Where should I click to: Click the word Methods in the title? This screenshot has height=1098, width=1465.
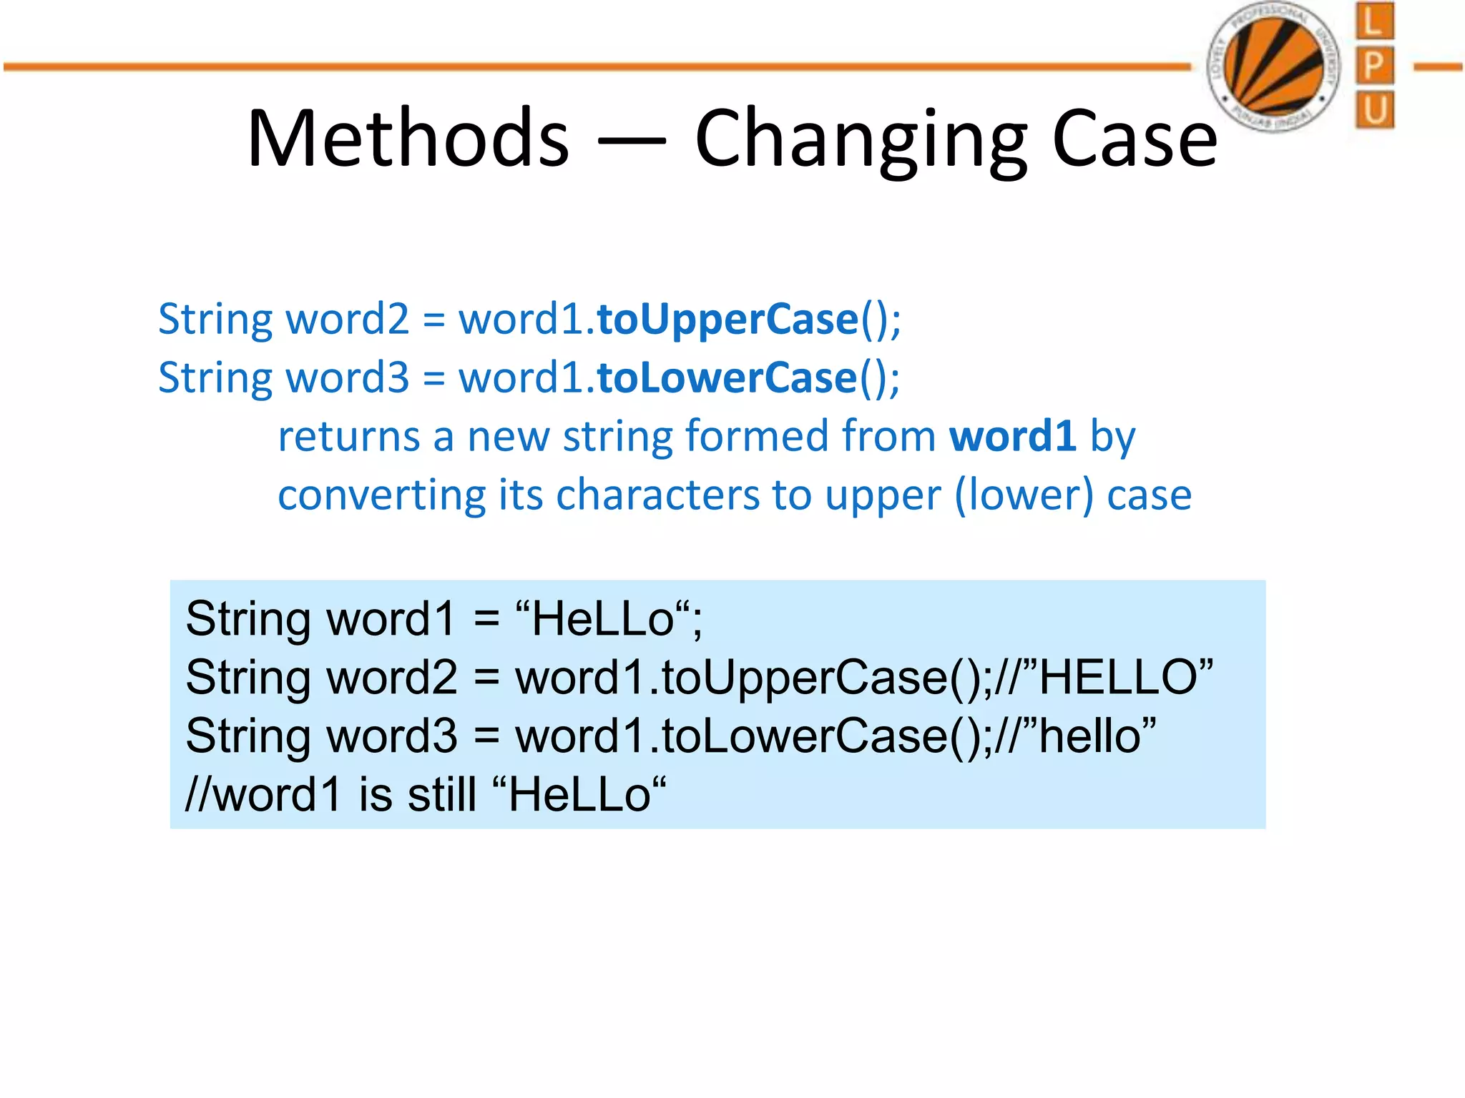tap(408, 138)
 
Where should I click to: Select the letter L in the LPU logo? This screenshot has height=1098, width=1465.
tap(1373, 21)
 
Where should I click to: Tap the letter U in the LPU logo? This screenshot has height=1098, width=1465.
tap(1373, 110)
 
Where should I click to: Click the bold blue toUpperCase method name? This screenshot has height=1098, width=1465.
tap(727, 319)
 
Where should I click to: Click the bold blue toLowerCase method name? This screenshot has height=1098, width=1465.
tap(727, 377)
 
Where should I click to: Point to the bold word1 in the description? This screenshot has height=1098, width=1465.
tap(1012, 436)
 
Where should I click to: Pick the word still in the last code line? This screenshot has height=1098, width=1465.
tap(441, 794)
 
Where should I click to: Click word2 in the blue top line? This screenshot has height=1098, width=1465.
tap(347, 319)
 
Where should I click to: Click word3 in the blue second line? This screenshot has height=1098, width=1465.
tap(347, 377)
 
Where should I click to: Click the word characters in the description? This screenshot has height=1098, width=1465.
tap(657, 495)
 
